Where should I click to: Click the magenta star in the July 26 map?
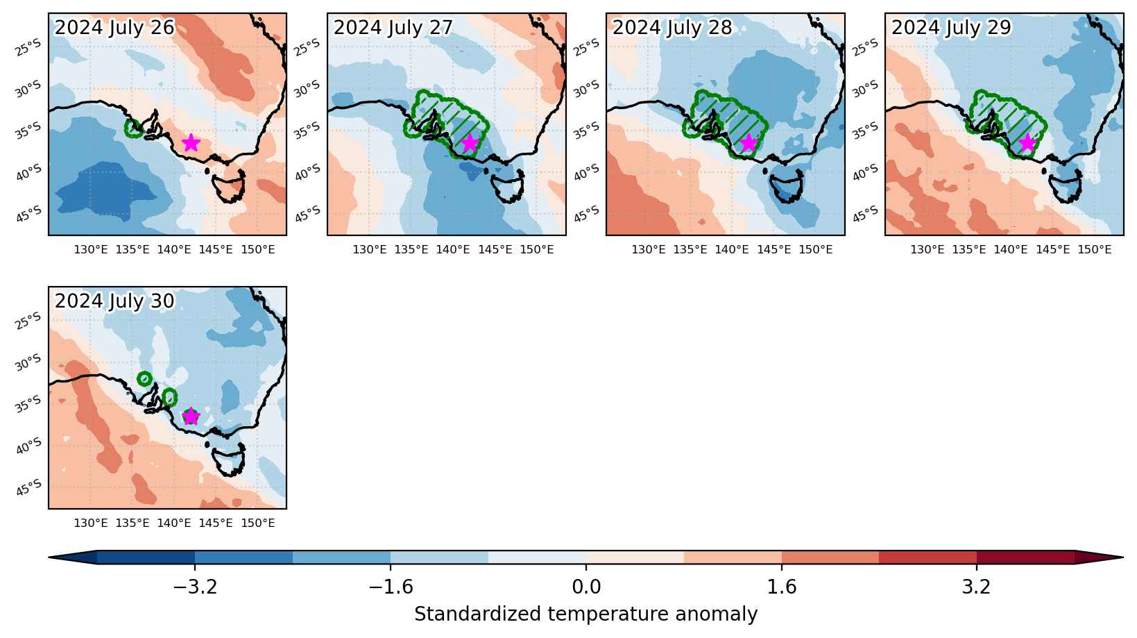click(x=191, y=143)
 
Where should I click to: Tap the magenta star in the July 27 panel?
click(x=470, y=143)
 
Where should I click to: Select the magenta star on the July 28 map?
click(x=749, y=143)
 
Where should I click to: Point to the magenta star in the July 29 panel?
click(x=1027, y=143)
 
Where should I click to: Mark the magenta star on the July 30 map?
click(x=191, y=416)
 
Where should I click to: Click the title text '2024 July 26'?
click(x=114, y=28)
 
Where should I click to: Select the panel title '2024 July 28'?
click(x=672, y=28)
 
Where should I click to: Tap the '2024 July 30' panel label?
click(x=114, y=301)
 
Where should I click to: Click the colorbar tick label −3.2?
click(x=196, y=587)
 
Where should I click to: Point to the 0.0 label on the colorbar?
click(x=586, y=587)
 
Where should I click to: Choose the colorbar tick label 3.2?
click(x=977, y=587)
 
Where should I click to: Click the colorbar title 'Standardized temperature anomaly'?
click(x=585, y=614)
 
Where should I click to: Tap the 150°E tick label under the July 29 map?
click(x=1095, y=250)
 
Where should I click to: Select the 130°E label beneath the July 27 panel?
click(x=370, y=250)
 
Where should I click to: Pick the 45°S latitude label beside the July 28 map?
click(x=585, y=215)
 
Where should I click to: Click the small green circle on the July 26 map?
click(x=134, y=128)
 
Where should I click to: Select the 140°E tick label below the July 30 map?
click(x=174, y=523)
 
